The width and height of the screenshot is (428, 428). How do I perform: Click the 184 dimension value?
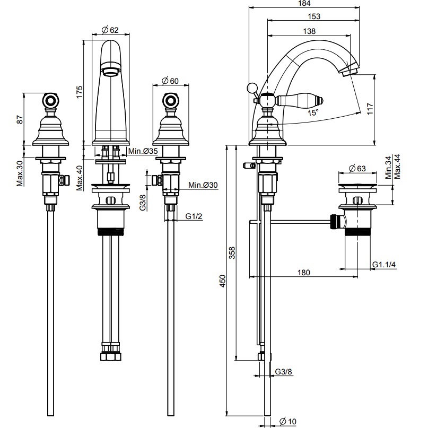304,3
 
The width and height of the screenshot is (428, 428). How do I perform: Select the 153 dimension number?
313,16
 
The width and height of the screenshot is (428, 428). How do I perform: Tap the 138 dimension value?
309,31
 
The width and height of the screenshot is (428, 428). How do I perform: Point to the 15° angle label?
313,112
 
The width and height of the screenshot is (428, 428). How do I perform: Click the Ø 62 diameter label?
110,30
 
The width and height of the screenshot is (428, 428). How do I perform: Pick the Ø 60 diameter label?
170,81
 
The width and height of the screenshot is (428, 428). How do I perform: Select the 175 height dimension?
79,92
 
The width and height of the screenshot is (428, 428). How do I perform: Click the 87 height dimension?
20,119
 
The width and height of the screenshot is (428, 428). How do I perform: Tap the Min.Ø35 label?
143,151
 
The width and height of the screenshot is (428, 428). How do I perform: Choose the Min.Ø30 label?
203,185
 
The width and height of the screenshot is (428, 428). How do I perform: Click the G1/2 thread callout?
194,216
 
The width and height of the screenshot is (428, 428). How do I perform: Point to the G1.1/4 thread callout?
384,265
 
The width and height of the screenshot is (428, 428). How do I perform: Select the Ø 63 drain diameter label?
357,169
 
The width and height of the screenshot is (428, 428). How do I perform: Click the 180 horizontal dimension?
303,273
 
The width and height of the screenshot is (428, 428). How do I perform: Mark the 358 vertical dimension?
232,253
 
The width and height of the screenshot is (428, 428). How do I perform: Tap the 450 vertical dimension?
223,281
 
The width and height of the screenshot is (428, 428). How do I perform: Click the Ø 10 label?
288,422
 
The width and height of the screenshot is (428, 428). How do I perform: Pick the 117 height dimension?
370,109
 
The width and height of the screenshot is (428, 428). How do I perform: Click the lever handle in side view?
300,100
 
